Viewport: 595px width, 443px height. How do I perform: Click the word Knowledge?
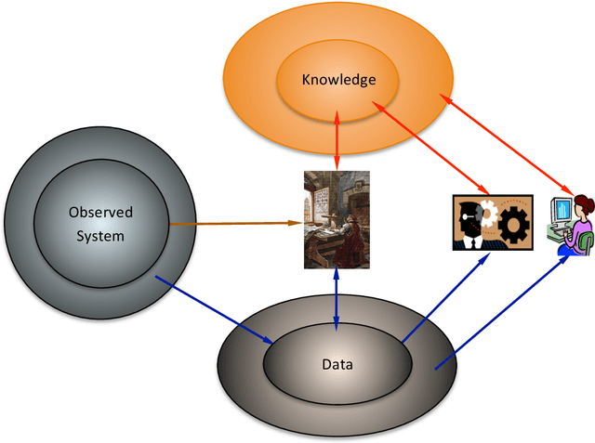pos(338,80)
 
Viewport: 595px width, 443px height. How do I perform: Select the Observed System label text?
pos(100,224)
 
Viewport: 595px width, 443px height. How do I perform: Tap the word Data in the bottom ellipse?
pos(337,364)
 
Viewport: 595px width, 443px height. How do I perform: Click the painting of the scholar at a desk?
pos(337,219)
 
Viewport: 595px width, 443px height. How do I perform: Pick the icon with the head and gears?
pos(491,222)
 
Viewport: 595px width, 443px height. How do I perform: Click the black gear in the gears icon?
pos(513,224)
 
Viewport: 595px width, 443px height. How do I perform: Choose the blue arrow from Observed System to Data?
pos(214,303)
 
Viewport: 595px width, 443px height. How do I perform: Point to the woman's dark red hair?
pos(586,202)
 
